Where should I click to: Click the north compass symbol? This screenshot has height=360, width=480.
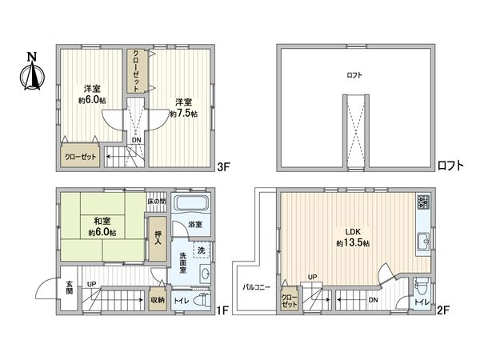(x=31, y=73)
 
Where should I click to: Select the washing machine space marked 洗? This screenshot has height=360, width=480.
(x=202, y=251)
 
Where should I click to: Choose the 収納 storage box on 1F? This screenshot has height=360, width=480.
(x=158, y=300)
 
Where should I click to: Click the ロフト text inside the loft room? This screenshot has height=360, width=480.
(x=354, y=74)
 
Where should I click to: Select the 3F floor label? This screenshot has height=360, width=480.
(x=224, y=167)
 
